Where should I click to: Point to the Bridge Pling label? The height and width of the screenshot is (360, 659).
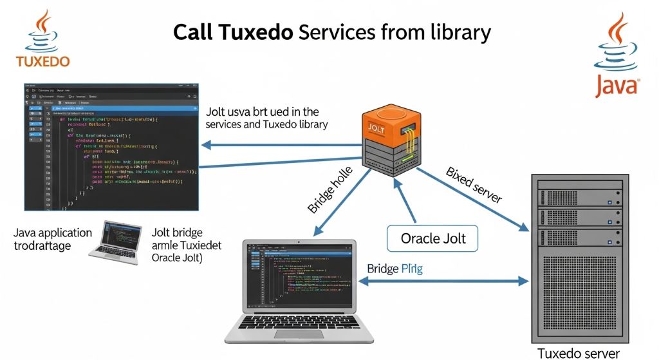point(394,268)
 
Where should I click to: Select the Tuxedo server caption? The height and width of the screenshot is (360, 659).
point(579,353)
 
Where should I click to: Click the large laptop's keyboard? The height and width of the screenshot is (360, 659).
point(299,328)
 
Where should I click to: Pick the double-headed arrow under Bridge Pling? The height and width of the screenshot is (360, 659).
point(445,281)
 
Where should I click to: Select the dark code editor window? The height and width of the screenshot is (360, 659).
point(111,147)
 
